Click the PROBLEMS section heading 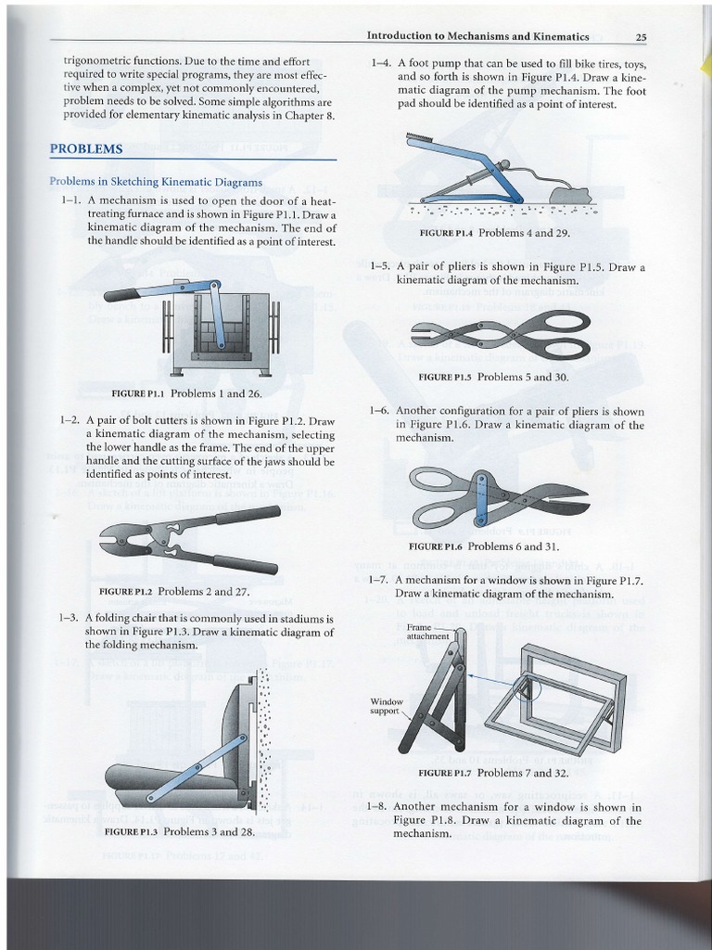(x=86, y=148)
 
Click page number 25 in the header (x=641, y=37)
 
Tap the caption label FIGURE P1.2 (x=125, y=591)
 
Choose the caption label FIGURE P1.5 (x=446, y=378)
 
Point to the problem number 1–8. (x=376, y=807)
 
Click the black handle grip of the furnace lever (x=123, y=295)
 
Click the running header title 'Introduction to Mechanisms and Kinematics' (x=477, y=37)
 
